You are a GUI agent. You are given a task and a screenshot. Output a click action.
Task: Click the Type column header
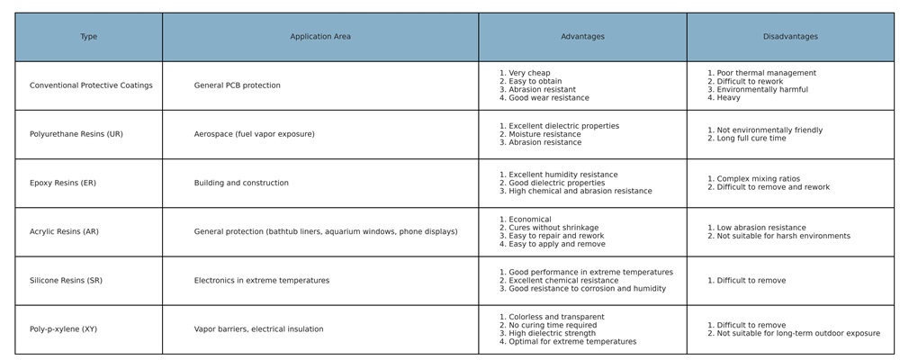(x=88, y=37)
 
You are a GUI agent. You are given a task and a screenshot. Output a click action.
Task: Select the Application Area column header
(x=320, y=37)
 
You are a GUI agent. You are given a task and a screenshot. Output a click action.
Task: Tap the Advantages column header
(x=582, y=37)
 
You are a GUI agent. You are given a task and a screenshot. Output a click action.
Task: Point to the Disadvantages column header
(x=790, y=37)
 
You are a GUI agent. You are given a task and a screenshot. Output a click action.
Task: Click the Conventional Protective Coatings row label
(x=91, y=85)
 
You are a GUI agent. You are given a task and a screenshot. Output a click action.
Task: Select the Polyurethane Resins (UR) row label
(x=76, y=134)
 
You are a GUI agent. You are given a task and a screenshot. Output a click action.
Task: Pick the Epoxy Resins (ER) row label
(x=63, y=183)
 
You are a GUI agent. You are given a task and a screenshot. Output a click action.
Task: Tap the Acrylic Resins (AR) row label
(x=64, y=231)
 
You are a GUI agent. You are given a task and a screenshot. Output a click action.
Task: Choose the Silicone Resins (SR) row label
(x=66, y=281)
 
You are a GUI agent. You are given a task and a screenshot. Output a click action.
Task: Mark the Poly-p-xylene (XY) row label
(x=63, y=329)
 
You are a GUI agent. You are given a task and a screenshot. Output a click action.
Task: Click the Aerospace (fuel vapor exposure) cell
(x=255, y=134)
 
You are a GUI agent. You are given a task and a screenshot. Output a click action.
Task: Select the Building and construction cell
(x=241, y=183)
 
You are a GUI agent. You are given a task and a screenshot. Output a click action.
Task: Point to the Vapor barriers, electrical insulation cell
(x=258, y=329)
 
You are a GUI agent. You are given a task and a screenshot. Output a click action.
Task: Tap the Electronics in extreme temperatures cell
(x=262, y=281)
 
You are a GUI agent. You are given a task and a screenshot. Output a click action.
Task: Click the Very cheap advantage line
(x=529, y=73)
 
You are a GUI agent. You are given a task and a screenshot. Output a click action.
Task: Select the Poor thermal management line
(x=766, y=73)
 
